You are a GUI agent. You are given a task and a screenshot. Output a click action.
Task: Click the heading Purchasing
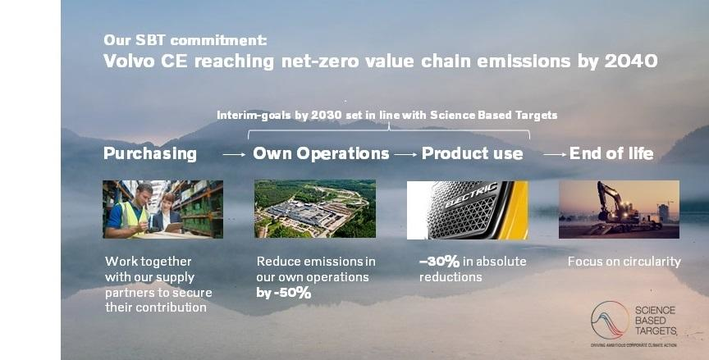coord(150,153)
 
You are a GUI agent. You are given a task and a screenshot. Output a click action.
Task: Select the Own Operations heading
coord(321,153)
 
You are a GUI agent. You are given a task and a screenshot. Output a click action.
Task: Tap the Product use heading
coord(472,153)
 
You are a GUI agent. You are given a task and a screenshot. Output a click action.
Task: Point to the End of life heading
coord(611,153)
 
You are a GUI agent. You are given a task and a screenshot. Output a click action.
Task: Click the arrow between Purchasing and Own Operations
coord(234,154)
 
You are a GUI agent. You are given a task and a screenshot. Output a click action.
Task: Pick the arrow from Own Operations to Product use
coord(405,154)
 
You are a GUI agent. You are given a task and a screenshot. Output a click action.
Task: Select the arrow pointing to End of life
coord(555,154)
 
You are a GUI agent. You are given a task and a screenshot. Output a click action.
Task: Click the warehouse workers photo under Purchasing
coord(163,209)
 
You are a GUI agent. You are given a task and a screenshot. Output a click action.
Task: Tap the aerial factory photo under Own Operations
coord(315,209)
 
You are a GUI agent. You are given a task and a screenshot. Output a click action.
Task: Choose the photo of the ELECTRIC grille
coord(467,209)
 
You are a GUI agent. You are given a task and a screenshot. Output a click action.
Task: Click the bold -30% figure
coord(439,262)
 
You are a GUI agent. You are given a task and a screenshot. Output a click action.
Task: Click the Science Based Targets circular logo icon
coord(610,321)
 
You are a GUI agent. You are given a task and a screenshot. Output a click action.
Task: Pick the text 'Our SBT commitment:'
coord(185,40)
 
